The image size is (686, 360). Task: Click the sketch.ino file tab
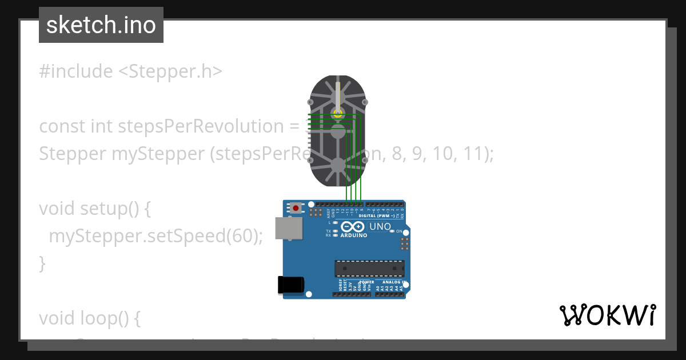[101, 25]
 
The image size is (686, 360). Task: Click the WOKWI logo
[607, 315]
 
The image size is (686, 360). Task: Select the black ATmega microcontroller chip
[369, 269]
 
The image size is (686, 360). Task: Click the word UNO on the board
[380, 227]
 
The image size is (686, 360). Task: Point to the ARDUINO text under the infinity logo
[353, 235]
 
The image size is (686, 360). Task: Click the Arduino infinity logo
[353, 227]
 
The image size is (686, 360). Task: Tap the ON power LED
[393, 231]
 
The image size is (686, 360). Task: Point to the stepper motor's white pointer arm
[338, 97]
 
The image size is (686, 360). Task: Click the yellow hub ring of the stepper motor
[338, 114]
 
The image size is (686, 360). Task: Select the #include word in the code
[76, 71]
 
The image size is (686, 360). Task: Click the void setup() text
[95, 209]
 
